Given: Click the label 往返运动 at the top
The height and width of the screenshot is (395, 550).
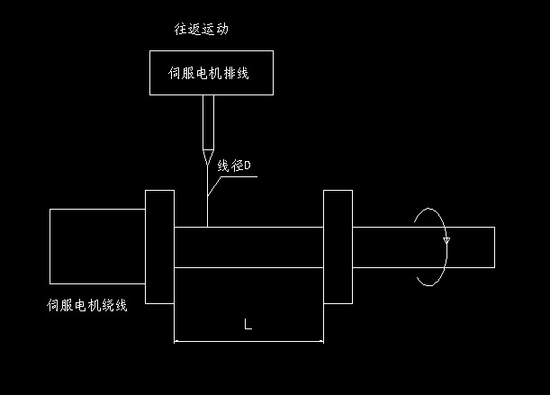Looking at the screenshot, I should click(x=202, y=29).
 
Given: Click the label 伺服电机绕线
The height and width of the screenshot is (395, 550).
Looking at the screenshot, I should click(x=87, y=306).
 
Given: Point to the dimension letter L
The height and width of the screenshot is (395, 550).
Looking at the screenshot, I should click(x=248, y=325).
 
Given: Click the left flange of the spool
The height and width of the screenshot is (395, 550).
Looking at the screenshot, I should click(x=158, y=247).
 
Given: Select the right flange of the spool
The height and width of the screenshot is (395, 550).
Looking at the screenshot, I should click(x=338, y=247).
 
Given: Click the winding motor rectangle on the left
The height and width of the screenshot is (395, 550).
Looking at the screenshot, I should click(x=96, y=246).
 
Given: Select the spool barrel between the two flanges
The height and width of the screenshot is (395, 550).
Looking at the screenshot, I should click(x=248, y=247).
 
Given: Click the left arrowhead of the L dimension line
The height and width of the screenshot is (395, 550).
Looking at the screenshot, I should click(x=176, y=341).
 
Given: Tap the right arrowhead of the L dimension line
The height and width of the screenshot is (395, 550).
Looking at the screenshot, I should click(x=320, y=341).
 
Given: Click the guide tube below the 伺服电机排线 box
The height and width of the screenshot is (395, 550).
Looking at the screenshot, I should click(x=208, y=121).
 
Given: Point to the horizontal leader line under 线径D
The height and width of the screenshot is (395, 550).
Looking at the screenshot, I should click(x=239, y=176).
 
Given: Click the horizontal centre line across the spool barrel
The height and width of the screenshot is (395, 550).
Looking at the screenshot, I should click(x=248, y=267).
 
